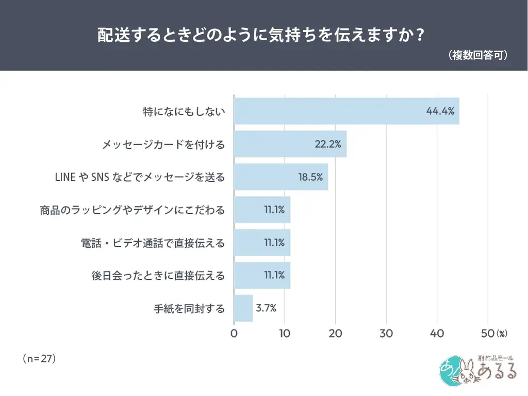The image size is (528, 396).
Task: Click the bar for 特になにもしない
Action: pos(346,110)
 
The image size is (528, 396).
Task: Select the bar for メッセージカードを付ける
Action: pos(290,144)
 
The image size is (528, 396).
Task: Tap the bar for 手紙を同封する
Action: pos(243,309)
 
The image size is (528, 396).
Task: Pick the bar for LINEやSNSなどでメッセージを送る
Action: pos(280,177)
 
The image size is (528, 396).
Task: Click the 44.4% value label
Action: pos(440,111)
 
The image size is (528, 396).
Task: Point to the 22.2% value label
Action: pos(328,144)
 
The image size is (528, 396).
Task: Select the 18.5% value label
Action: pos(310,177)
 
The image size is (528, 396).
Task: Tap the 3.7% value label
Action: pos(266,308)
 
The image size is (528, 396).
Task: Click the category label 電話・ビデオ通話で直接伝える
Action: pos(153,243)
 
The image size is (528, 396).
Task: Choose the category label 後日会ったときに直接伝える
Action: pos(158,276)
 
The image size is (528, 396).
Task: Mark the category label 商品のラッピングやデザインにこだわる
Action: pos(133,210)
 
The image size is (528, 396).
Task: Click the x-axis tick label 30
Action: pos(386,334)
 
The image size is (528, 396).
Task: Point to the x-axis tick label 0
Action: pos(234,334)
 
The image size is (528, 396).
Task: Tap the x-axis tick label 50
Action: pos(487,334)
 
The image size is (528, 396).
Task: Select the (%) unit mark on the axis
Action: pos(502,334)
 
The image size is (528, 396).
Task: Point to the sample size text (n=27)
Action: pos(39,358)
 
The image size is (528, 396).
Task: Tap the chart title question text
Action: pos(261,35)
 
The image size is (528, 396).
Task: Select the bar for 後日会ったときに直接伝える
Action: pos(262,276)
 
